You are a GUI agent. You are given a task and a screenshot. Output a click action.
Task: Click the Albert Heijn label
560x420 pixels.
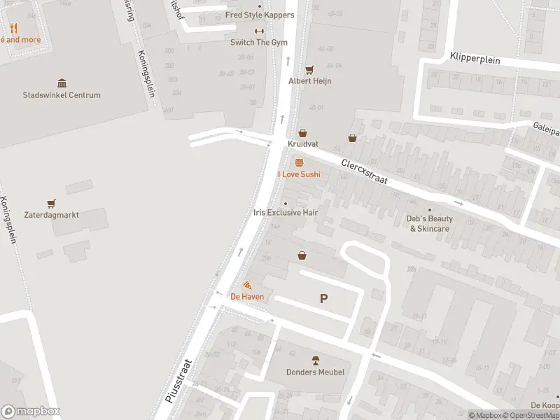[x=310, y=81]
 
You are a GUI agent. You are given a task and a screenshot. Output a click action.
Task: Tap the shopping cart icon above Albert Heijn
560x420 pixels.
[x=309, y=69]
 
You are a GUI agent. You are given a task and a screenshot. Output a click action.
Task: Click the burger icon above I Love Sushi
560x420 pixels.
[x=300, y=162]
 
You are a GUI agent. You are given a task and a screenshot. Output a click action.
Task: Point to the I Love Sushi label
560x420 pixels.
[x=299, y=174]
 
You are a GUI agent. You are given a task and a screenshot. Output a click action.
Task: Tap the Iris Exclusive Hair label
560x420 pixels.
[x=286, y=212]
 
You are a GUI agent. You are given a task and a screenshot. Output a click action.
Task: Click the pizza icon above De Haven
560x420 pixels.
[x=247, y=285]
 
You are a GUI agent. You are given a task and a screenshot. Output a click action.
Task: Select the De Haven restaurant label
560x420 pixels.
[x=247, y=296]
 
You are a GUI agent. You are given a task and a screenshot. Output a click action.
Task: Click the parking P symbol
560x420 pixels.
[x=323, y=299]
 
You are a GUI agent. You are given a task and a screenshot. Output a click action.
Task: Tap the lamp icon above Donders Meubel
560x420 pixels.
[x=315, y=360]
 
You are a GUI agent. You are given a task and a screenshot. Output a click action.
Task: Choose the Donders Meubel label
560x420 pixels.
[x=315, y=372]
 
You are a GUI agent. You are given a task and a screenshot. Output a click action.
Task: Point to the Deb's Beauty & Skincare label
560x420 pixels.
[x=430, y=223]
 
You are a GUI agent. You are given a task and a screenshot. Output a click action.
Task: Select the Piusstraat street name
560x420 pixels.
[x=179, y=380]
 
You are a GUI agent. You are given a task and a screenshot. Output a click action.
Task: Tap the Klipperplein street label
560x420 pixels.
[x=475, y=59]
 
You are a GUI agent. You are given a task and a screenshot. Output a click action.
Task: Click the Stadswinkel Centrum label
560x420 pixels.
[x=62, y=95]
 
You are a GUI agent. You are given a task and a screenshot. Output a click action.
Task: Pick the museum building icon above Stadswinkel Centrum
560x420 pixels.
[x=62, y=83]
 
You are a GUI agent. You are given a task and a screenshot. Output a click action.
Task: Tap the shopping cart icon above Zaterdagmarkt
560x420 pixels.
[x=50, y=204]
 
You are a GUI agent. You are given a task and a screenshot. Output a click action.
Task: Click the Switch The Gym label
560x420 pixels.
[x=259, y=42]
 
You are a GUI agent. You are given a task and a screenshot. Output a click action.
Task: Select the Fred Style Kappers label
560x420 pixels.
[x=260, y=15]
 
